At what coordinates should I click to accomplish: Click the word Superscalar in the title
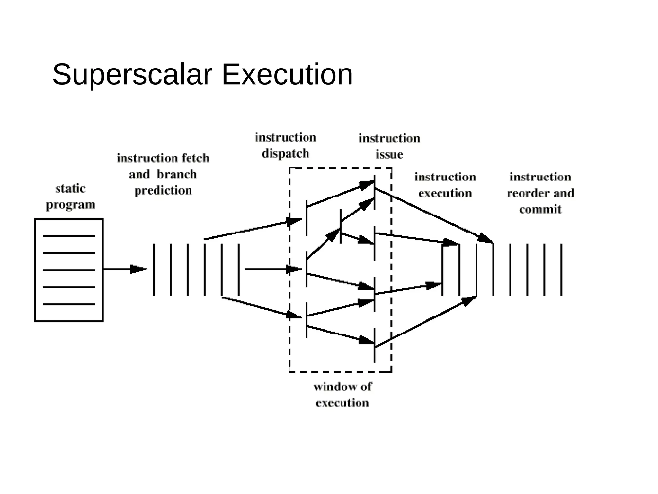coord(132,75)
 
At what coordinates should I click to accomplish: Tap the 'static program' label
coord(70,197)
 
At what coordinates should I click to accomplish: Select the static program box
coord(68,270)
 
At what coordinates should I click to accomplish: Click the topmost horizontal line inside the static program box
coord(69,236)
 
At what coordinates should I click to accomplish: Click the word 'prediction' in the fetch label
coord(163,191)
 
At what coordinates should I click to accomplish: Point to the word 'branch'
coord(177,174)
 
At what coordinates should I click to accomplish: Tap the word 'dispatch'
coord(285,154)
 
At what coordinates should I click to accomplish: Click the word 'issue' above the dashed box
coord(389,155)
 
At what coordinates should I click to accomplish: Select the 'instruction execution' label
coord(445,185)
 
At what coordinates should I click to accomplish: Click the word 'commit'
coord(540,209)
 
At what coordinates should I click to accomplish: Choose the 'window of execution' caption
coord(342,395)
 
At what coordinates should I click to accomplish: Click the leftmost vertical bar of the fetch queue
coord(154,270)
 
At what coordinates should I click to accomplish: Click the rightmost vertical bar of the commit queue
coord(561,270)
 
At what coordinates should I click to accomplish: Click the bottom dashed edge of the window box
coord(340,372)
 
